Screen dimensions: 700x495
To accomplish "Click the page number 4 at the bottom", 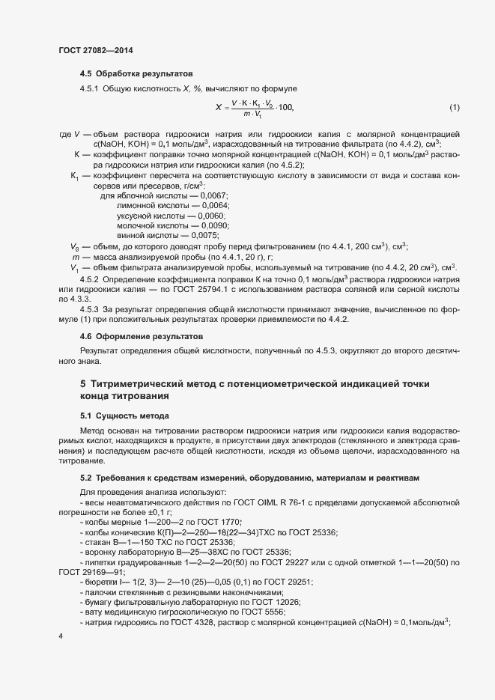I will coord(61,636).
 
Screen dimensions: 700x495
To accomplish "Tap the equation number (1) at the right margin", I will coord(454,108).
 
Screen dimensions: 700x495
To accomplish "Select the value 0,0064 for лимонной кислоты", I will coord(214,205).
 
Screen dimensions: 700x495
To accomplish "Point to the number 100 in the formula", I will coord(286,108).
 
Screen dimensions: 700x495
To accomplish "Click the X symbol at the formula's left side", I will coord(218,108).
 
